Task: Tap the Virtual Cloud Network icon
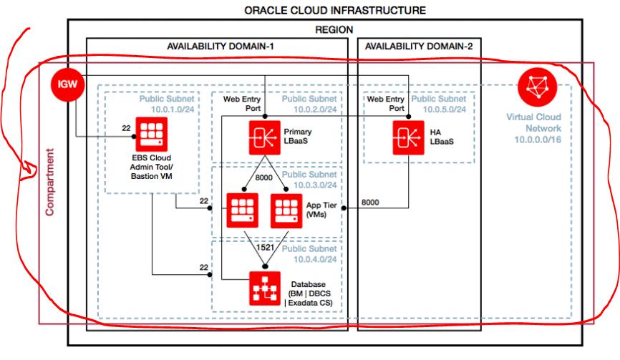pyautogui.click(x=534, y=87)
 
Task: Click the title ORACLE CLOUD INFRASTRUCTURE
pyautogui.click(x=334, y=10)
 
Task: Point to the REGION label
pyautogui.click(x=334, y=29)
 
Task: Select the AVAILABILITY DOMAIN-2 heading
pyautogui.click(x=418, y=47)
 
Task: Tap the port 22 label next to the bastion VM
pyautogui.click(x=126, y=128)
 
